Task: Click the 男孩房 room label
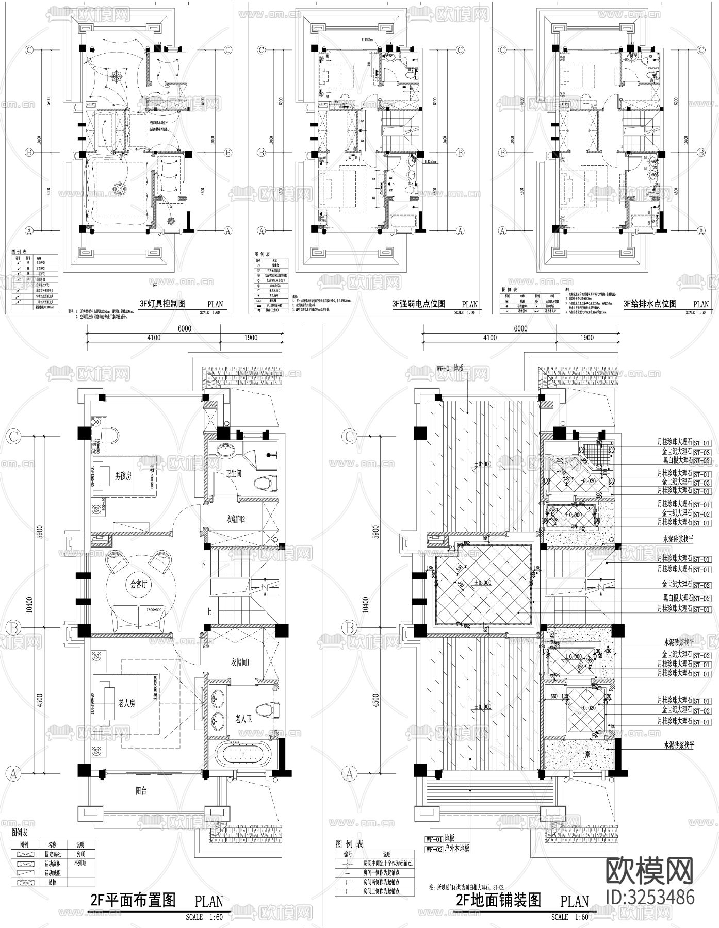[x=123, y=476]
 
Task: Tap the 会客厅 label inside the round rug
[x=139, y=585]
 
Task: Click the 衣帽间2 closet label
[x=235, y=519]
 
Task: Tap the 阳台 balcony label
[x=140, y=791]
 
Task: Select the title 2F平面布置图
[x=133, y=900]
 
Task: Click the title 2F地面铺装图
[x=499, y=900]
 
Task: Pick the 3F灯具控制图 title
[x=163, y=303]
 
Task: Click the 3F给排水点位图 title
[x=650, y=303]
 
